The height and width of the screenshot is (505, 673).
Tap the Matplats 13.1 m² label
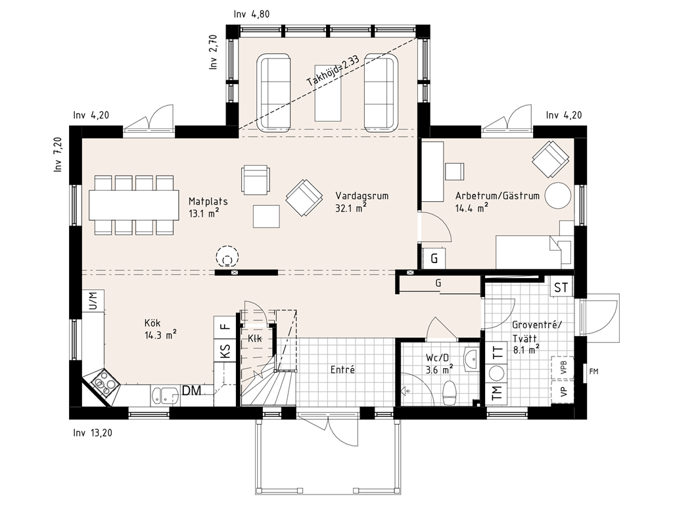click(x=208, y=207)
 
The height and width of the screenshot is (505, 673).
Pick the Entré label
click(x=342, y=370)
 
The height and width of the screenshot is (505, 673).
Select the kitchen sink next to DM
click(x=165, y=395)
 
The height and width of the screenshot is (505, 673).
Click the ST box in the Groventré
click(x=561, y=287)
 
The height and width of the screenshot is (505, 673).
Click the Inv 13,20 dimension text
click(x=93, y=433)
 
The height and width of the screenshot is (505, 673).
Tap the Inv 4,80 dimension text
click(x=252, y=14)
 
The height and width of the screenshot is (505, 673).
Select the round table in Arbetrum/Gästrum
click(x=558, y=195)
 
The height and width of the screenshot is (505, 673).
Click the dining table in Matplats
click(x=134, y=205)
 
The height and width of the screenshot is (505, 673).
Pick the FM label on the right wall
click(x=593, y=372)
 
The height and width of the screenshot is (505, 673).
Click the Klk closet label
click(x=254, y=339)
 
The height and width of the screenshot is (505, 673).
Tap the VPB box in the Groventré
click(x=563, y=368)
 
